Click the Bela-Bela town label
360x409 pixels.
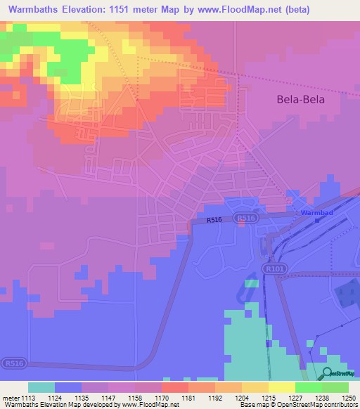(x=300, y=100)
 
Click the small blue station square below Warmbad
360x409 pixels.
(x=317, y=220)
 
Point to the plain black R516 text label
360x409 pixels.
(x=214, y=221)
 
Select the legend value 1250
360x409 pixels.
(x=339, y=398)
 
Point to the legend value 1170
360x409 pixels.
(x=161, y=398)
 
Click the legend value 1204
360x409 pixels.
(x=241, y=398)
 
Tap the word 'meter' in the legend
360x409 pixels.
(x=11, y=398)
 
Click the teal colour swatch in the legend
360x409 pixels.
(x=41, y=387)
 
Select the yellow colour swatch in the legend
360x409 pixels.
(x=282, y=387)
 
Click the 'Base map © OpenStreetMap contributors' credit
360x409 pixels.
(x=297, y=405)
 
